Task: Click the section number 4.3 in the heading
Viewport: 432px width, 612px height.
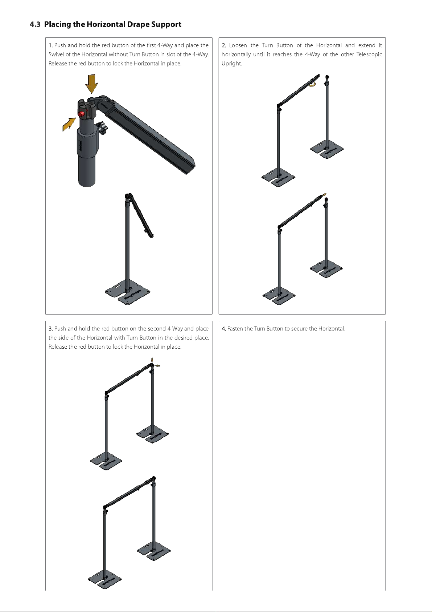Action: tap(35, 25)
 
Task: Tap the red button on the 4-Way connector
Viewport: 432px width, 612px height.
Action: tap(81, 114)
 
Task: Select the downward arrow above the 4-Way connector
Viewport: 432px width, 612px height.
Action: tap(92, 84)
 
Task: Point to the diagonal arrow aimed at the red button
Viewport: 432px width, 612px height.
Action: tap(69, 124)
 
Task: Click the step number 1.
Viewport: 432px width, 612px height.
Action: tap(50, 45)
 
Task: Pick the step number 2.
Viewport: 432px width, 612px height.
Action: tap(224, 45)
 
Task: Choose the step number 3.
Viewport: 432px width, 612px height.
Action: tap(50, 329)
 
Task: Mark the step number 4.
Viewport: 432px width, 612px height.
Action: tap(224, 329)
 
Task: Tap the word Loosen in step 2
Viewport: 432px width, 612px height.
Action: tap(238, 45)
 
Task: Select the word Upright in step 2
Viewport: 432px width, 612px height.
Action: tap(232, 64)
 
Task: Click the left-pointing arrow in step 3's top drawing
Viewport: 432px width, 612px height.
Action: tap(157, 365)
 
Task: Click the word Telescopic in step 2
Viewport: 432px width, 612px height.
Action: tap(369, 54)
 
